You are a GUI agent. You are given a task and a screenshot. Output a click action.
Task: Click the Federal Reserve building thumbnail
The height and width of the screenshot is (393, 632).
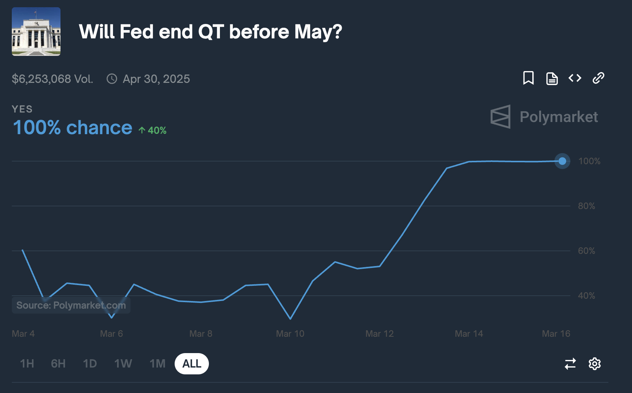click(36, 32)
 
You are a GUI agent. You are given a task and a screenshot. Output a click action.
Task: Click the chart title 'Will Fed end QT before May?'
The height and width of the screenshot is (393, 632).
click(210, 32)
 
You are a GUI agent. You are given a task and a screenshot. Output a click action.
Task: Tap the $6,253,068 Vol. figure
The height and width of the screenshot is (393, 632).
click(53, 79)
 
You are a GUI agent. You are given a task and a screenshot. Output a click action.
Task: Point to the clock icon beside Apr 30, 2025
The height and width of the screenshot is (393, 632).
click(112, 79)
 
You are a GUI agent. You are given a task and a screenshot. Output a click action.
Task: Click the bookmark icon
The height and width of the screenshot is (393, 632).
click(528, 78)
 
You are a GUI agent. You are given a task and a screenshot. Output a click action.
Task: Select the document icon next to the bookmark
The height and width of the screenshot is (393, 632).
click(552, 78)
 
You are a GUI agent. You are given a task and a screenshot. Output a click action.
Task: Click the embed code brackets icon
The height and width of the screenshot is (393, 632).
click(575, 78)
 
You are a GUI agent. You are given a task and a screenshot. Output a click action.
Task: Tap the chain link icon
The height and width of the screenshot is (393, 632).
click(599, 78)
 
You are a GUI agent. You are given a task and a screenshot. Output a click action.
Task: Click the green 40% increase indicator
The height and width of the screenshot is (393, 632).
click(153, 130)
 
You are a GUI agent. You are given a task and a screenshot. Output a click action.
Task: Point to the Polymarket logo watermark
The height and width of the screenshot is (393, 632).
click(544, 117)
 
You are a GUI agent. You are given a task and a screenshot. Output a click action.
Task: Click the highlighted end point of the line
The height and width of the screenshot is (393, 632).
click(562, 161)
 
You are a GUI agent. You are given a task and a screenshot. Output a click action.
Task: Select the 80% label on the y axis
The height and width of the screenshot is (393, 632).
click(586, 206)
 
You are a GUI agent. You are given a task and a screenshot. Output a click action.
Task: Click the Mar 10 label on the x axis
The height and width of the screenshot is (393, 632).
click(290, 334)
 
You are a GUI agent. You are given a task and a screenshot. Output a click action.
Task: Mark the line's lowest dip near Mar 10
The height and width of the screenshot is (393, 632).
click(290, 319)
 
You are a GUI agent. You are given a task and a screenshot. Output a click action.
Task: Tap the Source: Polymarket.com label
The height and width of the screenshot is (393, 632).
click(71, 305)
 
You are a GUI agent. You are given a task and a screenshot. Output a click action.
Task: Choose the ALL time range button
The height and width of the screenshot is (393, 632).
click(192, 364)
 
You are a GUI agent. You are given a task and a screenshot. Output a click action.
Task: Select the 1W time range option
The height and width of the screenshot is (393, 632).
click(123, 364)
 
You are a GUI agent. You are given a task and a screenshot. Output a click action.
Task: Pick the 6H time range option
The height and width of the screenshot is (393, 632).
click(58, 364)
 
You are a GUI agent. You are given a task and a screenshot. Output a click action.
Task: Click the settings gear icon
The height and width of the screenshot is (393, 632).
click(594, 364)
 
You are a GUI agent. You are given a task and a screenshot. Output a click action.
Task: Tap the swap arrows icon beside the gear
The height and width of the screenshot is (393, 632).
click(570, 364)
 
